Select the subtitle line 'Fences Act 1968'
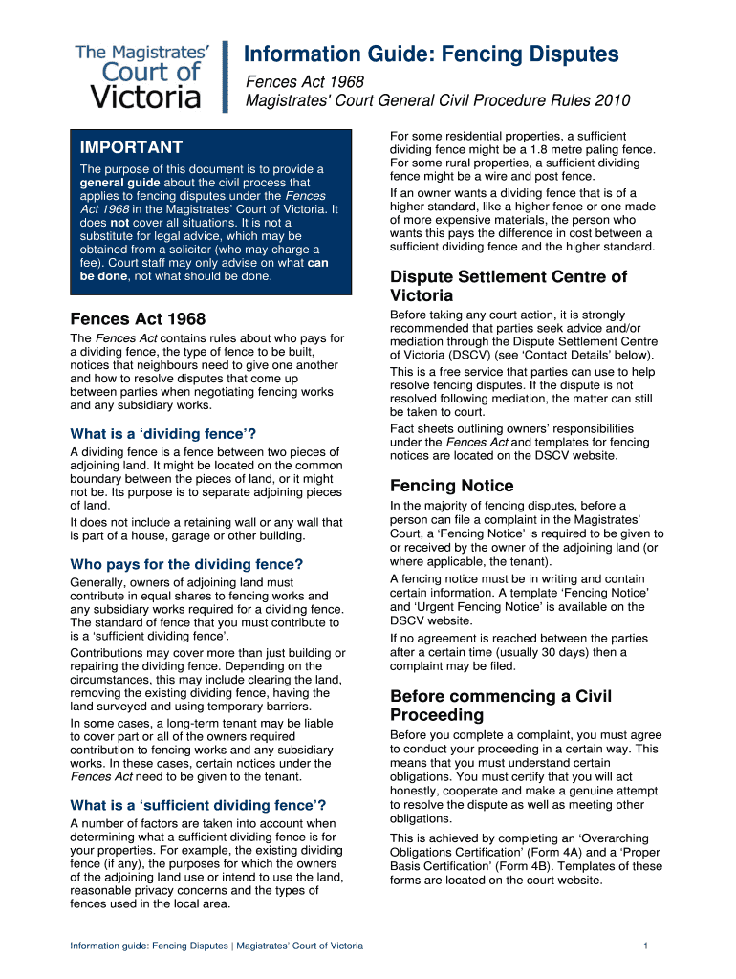[305, 82]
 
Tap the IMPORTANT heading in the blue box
[131, 147]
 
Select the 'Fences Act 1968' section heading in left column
[138, 319]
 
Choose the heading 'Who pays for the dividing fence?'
[186, 564]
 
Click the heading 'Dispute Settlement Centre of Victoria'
[509, 286]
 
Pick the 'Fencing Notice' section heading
[451, 486]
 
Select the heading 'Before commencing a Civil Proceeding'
[501, 706]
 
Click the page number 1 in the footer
[647, 946]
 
